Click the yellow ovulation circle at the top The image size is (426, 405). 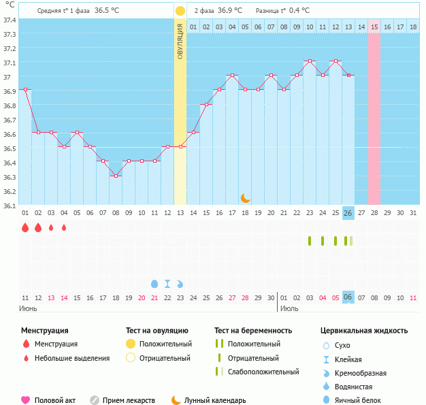[180, 11]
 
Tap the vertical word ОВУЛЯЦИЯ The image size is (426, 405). [180, 41]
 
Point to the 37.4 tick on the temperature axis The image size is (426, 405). [9, 20]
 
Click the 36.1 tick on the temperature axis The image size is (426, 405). [9, 205]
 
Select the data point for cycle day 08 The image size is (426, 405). [116, 176]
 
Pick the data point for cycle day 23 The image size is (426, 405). [310, 61]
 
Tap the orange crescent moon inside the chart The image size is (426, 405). [246, 197]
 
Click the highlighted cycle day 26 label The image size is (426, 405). [348, 213]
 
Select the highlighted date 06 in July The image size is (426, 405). [348, 297]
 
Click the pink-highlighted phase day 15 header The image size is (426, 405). [374, 27]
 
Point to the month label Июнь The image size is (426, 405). [28, 308]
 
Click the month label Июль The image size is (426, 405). [289, 308]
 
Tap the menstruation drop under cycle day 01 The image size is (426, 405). [25, 228]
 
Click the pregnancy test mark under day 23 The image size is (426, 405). [310, 240]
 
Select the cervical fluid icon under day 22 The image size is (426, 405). [167, 283]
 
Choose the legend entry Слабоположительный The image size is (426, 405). [263, 372]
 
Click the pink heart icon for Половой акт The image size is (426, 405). [26, 400]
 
